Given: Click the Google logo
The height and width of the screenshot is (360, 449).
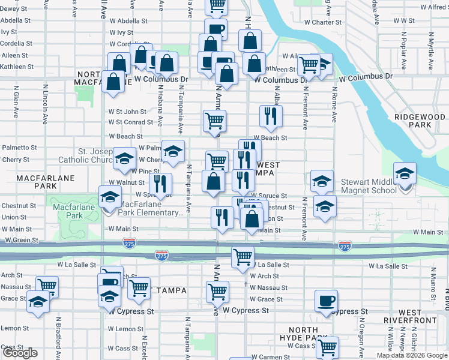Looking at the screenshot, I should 20,353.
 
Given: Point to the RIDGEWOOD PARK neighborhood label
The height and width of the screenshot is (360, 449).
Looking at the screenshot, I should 421,121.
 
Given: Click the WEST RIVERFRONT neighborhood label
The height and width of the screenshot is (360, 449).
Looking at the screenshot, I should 418,316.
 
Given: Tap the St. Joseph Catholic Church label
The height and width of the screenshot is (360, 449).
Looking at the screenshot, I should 86,155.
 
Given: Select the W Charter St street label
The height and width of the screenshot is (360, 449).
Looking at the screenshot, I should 322,22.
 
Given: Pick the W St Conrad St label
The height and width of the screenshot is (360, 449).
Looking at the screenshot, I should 130,122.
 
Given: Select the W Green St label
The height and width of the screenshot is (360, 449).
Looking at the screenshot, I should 22,240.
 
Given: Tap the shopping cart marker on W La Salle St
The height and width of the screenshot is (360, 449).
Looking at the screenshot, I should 243,256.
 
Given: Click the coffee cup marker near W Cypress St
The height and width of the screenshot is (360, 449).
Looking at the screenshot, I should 326,300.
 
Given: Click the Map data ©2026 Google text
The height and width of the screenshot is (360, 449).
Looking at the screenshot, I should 412,355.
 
